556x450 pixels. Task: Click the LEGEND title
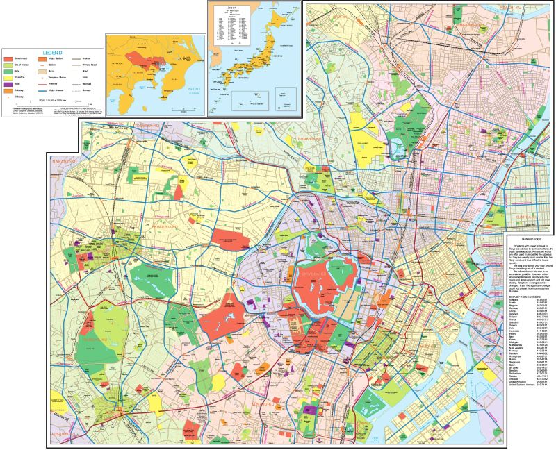[54, 52]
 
